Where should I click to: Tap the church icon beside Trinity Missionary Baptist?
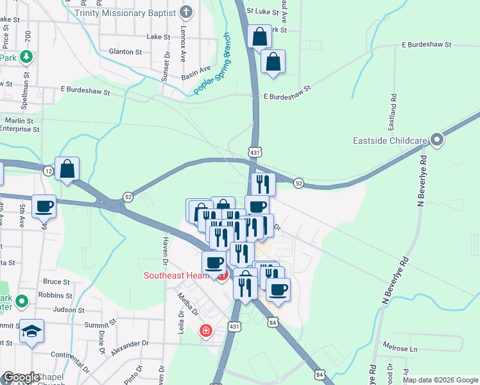(x=186, y=12)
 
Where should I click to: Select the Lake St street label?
(x=157, y=37)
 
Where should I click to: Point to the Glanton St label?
(x=125, y=51)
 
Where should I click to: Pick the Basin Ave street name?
(x=196, y=69)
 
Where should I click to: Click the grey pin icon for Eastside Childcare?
(x=437, y=139)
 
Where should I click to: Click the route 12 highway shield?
(x=48, y=171)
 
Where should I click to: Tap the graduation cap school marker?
(x=31, y=331)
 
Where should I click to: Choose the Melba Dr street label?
(x=191, y=305)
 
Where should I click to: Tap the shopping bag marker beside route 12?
(x=67, y=169)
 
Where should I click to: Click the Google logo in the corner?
(x=21, y=377)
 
